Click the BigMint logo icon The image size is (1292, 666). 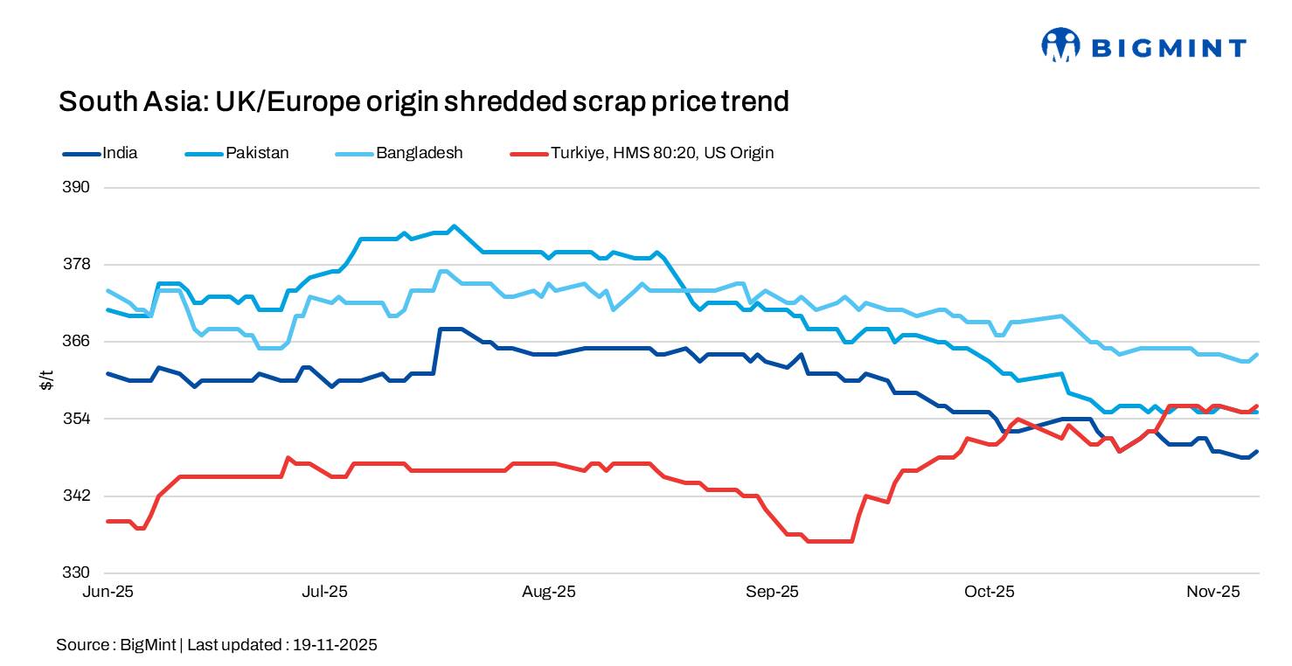[x=1060, y=45]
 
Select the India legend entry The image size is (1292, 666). [x=120, y=153]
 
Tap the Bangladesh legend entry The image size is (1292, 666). [x=419, y=153]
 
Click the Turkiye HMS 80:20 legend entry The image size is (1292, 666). [x=662, y=153]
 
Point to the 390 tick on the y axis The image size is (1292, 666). [x=78, y=188]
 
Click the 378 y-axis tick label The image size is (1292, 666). [x=78, y=265]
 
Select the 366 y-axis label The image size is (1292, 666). [x=78, y=342]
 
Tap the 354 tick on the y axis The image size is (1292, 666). [x=78, y=419]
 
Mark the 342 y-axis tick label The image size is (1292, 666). [x=78, y=496]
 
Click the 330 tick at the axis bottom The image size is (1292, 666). [x=78, y=572]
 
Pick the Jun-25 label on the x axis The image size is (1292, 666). [x=108, y=592]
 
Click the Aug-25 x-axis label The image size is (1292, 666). [x=549, y=592]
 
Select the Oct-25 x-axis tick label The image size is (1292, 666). [x=990, y=592]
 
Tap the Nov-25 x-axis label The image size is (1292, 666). [x=1213, y=592]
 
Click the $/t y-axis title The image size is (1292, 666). [x=47, y=380]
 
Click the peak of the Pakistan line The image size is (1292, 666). [x=453, y=226]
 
